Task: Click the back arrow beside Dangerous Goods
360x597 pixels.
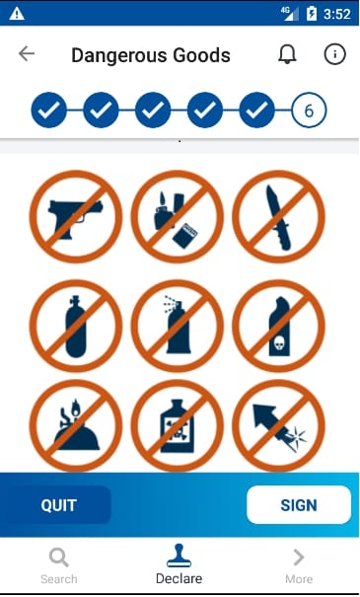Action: point(27,53)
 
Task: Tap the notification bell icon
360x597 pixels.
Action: point(287,54)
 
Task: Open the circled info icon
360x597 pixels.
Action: point(335,54)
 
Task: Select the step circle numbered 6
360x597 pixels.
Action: point(309,111)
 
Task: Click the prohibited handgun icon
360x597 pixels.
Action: point(76,217)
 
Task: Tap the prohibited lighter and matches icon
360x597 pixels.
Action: point(178,217)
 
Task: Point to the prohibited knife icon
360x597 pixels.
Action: point(278,217)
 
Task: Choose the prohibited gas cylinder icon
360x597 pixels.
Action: point(76,326)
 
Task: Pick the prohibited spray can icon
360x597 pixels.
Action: point(178,326)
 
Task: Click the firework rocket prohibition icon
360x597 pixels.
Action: point(278,425)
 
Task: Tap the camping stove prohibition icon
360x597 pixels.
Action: point(76,425)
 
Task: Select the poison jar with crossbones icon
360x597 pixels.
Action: point(178,425)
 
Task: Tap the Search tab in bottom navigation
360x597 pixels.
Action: point(59,566)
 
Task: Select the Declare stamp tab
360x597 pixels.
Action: point(179,564)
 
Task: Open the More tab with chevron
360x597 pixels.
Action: point(299,566)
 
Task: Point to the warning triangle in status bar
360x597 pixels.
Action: point(17,14)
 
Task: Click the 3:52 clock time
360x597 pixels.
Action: point(336,14)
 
